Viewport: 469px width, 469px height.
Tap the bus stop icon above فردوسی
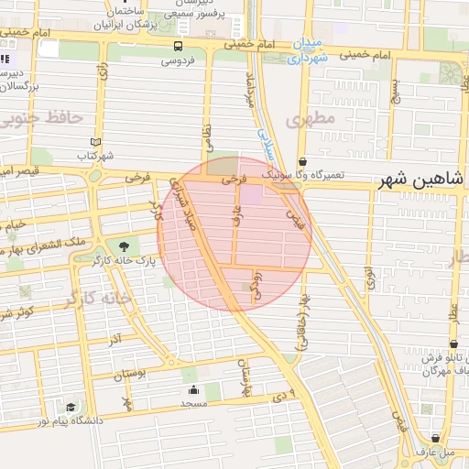(x=178, y=46)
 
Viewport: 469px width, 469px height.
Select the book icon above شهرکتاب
(x=96, y=142)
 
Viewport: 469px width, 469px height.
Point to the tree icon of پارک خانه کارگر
(x=124, y=245)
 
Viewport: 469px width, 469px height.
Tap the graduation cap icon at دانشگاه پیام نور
(x=71, y=408)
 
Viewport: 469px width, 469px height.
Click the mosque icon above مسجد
(x=192, y=391)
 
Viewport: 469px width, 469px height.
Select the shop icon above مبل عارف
(x=445, y=438)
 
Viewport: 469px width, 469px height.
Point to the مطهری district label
(x=306, y=119)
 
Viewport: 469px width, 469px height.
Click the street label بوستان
(x=129, y=376)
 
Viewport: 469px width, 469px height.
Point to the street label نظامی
(x=208, y=138)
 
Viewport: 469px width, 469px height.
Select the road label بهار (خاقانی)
(x=301, y=322)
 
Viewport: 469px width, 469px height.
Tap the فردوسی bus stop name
(x=178, y=62)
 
